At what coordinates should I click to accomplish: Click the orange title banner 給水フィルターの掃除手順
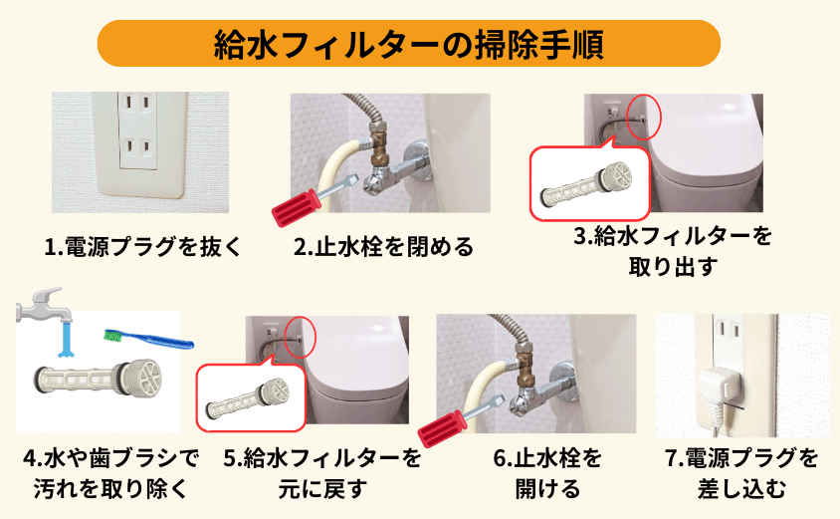(409, 44)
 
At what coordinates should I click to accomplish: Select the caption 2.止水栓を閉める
(383, 246)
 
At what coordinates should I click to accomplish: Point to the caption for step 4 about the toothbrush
(110, 473)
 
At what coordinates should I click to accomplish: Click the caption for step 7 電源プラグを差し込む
(741, 473)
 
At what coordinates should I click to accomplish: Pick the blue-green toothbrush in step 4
(149, 340)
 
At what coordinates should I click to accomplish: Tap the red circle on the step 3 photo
(645, 118)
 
